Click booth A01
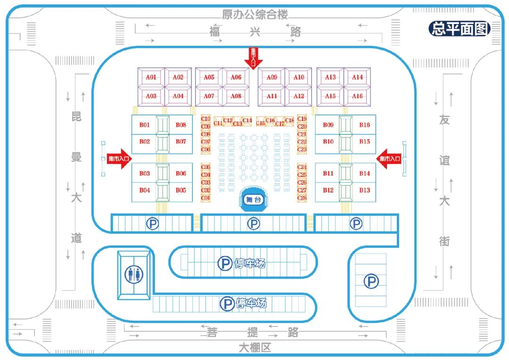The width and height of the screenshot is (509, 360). (151, 77)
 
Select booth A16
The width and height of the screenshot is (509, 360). (357, 96)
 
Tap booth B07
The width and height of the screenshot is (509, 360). (181, 142)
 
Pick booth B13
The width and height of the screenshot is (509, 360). (364, 190)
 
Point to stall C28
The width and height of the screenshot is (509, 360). (302, 198)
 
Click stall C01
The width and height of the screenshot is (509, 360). (205, 198)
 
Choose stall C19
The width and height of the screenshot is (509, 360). (302, 119)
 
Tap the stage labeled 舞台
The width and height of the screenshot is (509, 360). (253, 199)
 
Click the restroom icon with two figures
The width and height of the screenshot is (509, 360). (134, 274)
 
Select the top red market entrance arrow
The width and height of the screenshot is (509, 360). (253, 57)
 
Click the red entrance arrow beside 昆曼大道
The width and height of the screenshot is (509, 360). (118, 159)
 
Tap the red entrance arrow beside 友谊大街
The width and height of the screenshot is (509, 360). (389, 159)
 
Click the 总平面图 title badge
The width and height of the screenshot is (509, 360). (459, 29)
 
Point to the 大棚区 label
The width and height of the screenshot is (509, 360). (254, 348)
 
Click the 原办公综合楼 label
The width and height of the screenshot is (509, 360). (254, 15)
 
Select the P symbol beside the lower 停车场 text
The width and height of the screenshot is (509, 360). (227, 304)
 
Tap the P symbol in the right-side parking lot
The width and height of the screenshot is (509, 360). (371, 282)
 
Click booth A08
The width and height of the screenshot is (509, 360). (236, 96)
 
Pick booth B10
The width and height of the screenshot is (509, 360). (328, 142)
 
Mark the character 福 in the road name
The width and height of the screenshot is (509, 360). (215, 32)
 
